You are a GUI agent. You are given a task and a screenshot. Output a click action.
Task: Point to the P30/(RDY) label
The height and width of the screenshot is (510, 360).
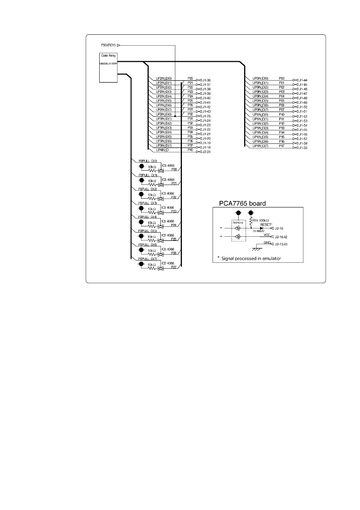point(108,45)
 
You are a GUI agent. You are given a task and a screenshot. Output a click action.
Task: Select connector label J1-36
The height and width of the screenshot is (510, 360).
point(206,80)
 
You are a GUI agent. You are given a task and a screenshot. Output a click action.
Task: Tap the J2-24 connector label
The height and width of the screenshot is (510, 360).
point(206,152)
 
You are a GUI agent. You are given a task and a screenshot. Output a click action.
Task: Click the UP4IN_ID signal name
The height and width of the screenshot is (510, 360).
point(162,150)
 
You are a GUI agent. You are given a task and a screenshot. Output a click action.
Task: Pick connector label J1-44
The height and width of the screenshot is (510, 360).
point(303,80)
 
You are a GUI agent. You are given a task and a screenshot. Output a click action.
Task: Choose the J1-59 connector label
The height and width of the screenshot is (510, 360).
point(303,148)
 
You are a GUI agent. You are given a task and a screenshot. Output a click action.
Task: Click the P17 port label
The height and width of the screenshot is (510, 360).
point(282,146)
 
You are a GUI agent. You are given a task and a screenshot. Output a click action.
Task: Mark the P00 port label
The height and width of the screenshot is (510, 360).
point(282,78)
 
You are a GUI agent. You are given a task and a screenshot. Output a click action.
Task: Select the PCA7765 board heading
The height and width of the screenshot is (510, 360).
point(242,203)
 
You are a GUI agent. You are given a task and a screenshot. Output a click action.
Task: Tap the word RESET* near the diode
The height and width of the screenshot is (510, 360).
point(266,224)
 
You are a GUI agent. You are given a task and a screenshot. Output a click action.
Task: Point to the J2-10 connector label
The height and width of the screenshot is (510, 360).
point(279,228)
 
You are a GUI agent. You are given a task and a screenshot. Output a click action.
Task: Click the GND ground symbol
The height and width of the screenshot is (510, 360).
point(257,248)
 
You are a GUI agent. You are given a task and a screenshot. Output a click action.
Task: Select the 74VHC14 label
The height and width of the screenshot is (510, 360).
point(237,223)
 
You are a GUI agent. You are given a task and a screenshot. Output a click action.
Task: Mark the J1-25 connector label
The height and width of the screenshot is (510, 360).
point(206,116)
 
